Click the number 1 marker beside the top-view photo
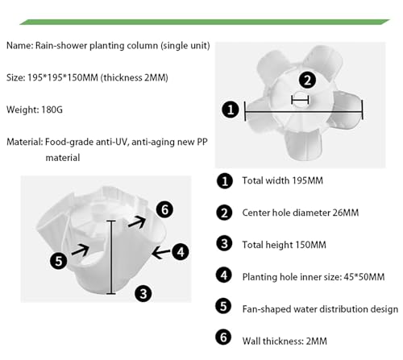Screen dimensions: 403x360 click(231, 110)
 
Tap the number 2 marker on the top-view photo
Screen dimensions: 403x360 click(307, 80)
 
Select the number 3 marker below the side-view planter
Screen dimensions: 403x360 click(143, 293)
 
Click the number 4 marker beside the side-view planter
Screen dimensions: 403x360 click(181, 251)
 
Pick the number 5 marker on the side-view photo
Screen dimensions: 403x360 click(58, 261)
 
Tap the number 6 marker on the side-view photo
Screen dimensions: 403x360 click(164, 209)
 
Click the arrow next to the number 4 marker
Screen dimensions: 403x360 click(161, 253)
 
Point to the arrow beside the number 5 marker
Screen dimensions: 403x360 click(81, 250)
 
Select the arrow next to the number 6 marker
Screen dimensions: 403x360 click(137, 222)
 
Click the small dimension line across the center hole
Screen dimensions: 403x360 click(300, 100)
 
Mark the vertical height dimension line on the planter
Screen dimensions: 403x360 click(111, 257)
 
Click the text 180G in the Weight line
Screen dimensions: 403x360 click(52, 110)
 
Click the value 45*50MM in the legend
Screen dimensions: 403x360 click(364, 277)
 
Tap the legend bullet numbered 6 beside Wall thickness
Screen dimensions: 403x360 click(223, 337)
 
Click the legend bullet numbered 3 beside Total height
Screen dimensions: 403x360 click(224, 243)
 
